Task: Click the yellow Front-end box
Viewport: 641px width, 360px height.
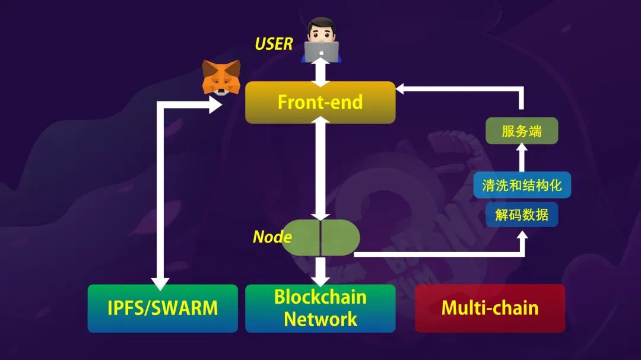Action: click(x=320, y=102)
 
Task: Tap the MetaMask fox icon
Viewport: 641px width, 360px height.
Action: click(x=221, y=78)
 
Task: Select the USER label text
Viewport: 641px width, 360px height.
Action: click(x=274, y=44)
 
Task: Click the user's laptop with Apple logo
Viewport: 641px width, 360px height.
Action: click(x=321, y=52)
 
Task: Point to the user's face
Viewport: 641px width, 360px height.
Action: click(x=321, y=31)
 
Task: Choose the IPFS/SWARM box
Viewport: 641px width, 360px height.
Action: click(x=163, y=308)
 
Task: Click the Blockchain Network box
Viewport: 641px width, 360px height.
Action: click(x=320, y=308)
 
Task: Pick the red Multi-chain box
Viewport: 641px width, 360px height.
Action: click(x=490, y=308)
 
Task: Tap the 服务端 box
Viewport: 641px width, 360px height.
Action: click(x=522, y=130)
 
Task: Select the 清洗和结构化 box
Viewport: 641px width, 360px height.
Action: click(x=522, y=185)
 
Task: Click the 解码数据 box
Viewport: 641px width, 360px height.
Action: click(x=522, y=215)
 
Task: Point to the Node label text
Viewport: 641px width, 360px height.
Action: click(x=272, y=237)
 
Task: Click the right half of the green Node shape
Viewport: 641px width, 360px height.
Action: click(x=339, y=238)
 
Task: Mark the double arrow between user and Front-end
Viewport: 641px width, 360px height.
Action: click(x=320, y=72)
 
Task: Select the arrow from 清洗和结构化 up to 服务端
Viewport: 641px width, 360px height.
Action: click(x=522, y=158)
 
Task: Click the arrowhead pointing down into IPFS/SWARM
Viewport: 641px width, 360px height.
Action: click(x=160, y=283)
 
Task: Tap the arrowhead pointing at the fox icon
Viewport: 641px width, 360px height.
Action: click(x=215, y=104)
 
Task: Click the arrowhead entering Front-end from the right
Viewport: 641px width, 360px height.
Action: click(x=401, y=89)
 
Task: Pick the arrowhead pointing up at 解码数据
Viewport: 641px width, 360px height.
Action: click(x=522, y=236)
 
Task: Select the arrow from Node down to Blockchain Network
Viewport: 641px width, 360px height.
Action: click(x=320, y=271)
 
